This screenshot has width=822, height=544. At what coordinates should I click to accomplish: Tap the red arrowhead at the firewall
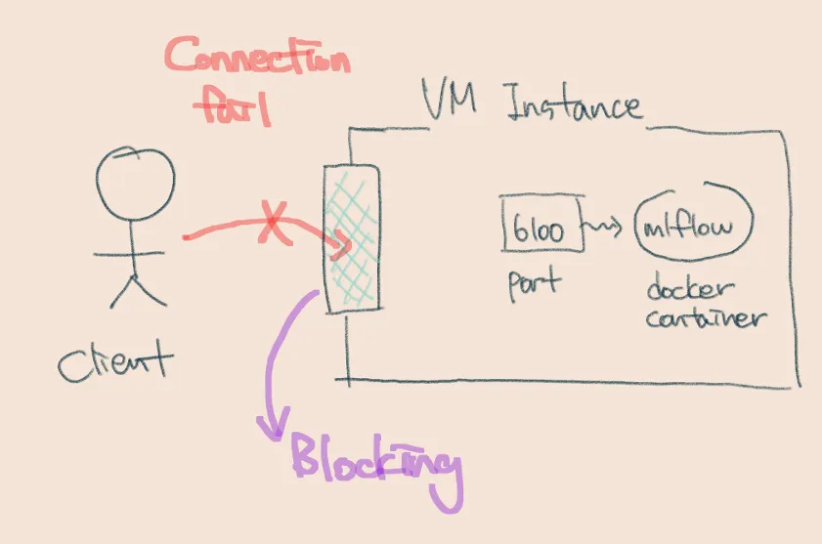342,244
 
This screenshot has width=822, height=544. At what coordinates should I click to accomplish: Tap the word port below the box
534,284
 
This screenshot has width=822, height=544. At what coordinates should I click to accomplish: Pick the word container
707,317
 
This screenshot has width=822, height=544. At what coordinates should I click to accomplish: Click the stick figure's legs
132,288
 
